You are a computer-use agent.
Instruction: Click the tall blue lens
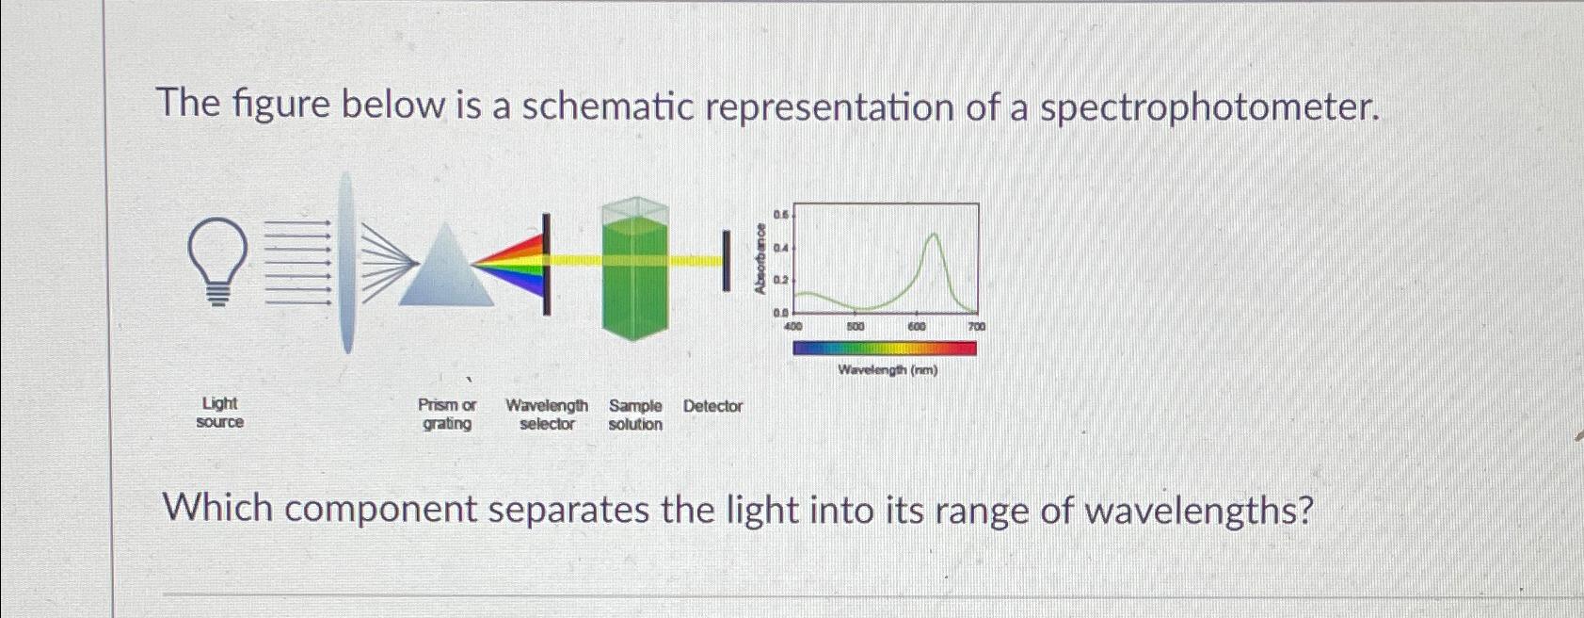(347, 262)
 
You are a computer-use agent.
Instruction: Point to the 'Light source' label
(219, 413)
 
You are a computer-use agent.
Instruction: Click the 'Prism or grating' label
(447, 415)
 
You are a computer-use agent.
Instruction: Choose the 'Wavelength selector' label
(547, 415)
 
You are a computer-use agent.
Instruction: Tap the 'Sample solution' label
(635, 415)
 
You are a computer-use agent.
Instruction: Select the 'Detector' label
(712, 406)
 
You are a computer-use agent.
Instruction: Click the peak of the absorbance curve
(933, 234)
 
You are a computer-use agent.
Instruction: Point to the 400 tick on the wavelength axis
(793, 326)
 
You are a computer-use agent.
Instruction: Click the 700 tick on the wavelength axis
(976, 326)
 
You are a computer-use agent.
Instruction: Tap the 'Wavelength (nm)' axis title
(888, 370)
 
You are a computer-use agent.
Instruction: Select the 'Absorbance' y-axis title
(760, 259)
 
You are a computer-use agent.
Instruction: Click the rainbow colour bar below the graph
(885, 349)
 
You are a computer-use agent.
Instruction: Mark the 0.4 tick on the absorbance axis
(779, 248)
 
